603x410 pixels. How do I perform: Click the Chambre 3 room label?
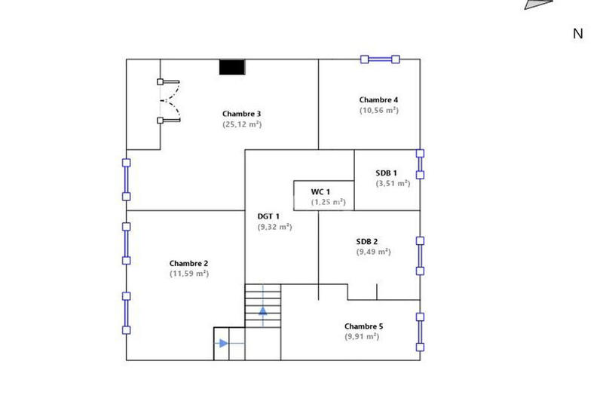point(241,114)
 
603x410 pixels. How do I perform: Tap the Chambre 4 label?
point(378,99)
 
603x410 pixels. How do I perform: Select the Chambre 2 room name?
point(189,263)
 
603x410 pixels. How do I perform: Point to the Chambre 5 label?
point(363,326)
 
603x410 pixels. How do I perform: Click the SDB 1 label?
point(386,173)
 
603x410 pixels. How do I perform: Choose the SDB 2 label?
point(372,242)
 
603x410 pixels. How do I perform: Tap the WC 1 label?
point(321,192)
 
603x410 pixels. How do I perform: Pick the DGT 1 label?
point(268,216)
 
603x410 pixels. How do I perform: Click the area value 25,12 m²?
point(241,124)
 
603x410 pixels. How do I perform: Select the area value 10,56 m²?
point(378,110)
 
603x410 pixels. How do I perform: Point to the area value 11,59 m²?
point(189,274)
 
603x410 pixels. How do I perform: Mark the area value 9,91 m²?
point(361,337)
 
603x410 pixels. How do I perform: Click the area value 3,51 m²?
point(393,182)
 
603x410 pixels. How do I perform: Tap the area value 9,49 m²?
point(373,252)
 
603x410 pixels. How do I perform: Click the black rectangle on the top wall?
point(232,67)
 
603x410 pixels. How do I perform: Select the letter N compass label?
point(578,33)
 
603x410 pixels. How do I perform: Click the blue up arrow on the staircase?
point(263,311)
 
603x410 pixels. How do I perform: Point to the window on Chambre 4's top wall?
point(379,59)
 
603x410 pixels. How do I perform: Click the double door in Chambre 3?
point(170,101)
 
